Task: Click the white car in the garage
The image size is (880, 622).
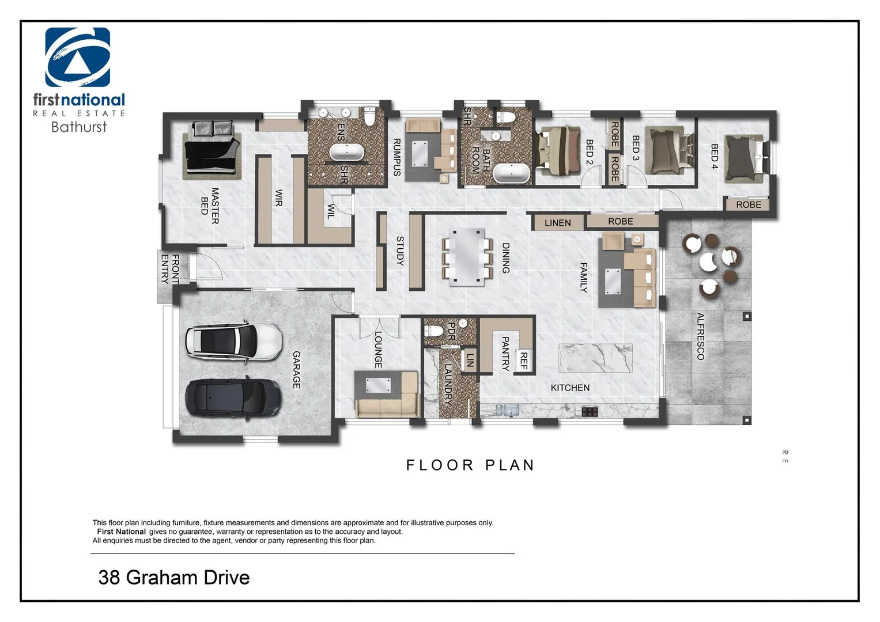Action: point(233,341)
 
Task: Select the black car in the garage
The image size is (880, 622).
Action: point(233,397)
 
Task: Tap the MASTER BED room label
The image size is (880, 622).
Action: point(210,206)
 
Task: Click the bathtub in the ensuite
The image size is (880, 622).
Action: point(346,152)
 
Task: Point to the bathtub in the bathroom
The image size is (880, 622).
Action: point(511,173)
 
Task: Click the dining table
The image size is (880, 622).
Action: point(467,257)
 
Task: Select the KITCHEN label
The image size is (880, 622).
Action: point(570,388)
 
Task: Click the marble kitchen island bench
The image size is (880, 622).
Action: point(595,358)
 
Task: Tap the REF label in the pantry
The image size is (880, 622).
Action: point(523,361)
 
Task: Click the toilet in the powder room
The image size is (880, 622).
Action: point(434,331)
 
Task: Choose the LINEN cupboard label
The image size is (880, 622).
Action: point(557,223)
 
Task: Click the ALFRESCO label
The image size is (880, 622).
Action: point(700,336)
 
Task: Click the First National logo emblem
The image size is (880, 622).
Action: point(78,57)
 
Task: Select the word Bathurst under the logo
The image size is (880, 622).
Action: point(79,127)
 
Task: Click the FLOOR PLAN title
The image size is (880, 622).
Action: point(470,465)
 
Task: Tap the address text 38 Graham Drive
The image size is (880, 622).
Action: point(174,577)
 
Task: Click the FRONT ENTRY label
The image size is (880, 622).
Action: point(170,269)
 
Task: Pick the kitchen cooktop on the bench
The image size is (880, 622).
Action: point(590,411)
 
